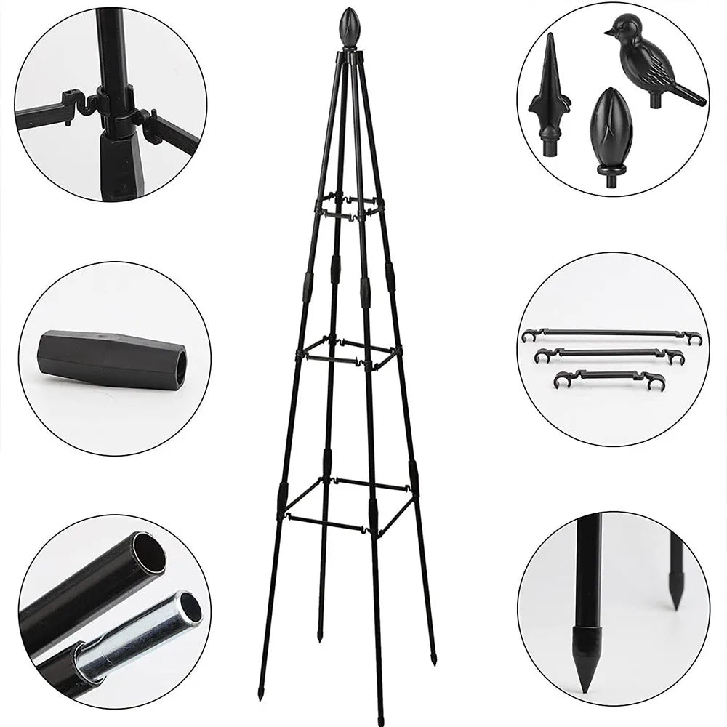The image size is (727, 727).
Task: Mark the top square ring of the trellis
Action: pos(349,204)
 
